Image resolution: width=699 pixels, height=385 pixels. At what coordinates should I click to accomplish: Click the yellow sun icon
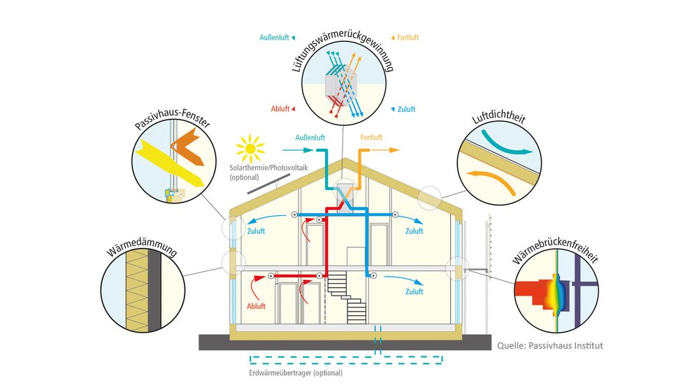(x=250, y=148)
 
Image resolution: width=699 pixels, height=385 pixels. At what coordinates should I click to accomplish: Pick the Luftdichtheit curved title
(x=499, y=116)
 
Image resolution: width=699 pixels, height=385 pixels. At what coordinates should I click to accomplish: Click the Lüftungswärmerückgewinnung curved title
(x=343, y=49)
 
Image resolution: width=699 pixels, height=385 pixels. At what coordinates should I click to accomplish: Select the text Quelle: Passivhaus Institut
(x=550, y=345)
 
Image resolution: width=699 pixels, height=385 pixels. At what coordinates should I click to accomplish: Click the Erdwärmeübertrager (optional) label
(x=296, y=373)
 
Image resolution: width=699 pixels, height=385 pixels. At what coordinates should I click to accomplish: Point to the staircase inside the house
(x=347, y=298)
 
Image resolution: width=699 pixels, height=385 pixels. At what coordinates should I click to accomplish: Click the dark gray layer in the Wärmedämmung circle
(x=154, y=291)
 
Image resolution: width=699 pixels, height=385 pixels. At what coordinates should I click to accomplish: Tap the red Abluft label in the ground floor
(x=256, y=306)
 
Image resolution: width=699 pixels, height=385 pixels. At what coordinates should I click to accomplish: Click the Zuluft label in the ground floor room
(x=414, y=291)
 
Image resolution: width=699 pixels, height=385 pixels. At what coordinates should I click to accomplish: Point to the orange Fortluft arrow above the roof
(x=385, y=150)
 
